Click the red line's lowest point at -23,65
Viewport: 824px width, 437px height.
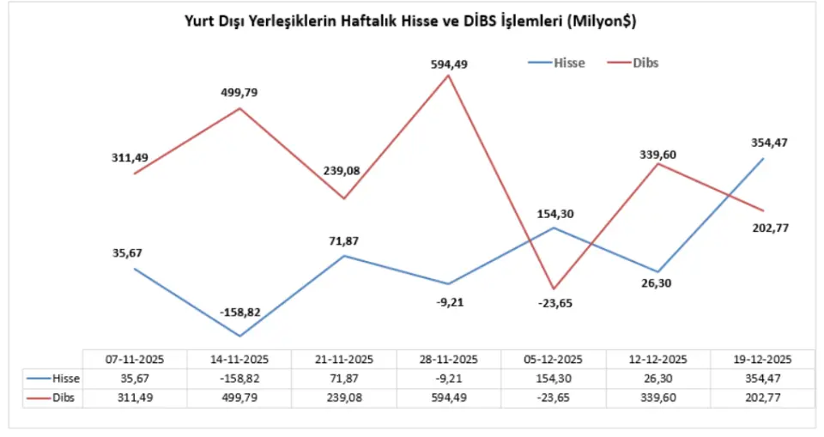(x=554, y=288)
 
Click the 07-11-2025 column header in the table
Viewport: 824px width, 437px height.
(x=134, y=359)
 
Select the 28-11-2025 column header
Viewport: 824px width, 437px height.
(x=448, y=359)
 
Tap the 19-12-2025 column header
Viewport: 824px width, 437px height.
(x=762, y=359)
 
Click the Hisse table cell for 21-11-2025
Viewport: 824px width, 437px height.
(x=344, y=379)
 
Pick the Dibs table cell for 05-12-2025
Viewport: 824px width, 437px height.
(x=554, y=398)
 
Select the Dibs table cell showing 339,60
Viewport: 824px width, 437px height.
(x=658, y=398)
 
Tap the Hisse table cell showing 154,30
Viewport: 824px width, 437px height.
(x=554, y=379)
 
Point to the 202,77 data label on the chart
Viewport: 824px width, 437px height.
(x=768, y=228)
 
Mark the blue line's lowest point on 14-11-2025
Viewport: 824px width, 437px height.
(x=239, y=336)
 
